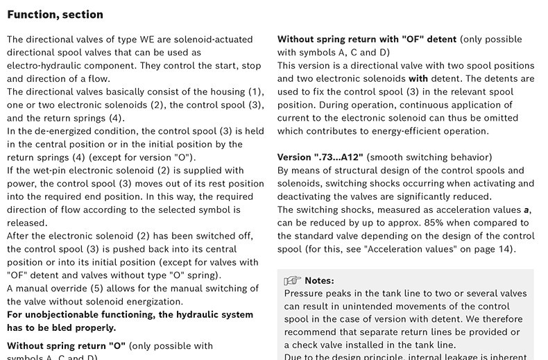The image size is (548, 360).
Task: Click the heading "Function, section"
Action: click(55, 15)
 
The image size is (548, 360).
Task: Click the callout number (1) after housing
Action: click(256, 92)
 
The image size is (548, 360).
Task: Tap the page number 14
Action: click(504, 249)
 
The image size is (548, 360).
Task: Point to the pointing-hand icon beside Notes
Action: click(292, 281)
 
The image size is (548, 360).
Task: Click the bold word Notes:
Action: click(319, 281)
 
